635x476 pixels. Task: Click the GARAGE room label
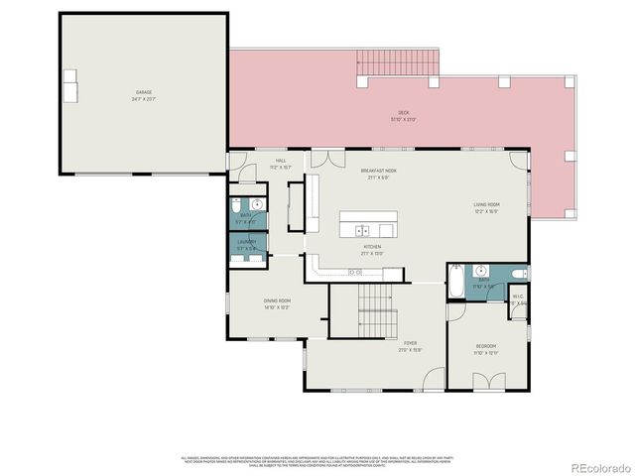144,92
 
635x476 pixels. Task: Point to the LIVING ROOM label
486,205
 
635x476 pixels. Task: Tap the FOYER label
409,343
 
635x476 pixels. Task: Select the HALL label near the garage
281,161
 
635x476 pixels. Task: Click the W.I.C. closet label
517,297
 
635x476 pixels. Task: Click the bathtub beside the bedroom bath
454,283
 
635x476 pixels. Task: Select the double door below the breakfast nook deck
323,158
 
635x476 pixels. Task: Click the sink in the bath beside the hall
257,204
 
